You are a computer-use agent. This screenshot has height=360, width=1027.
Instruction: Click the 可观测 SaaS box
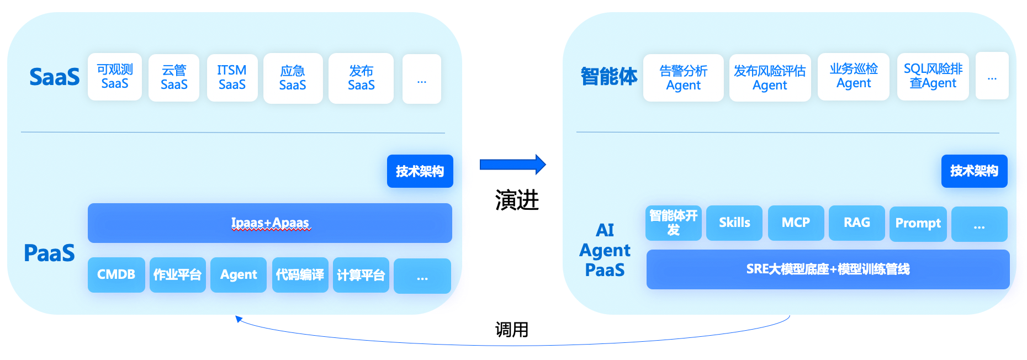[115, 77]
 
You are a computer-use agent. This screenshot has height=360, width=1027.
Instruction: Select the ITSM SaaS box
[232, 78]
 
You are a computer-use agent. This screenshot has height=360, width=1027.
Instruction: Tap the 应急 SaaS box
[293, 78]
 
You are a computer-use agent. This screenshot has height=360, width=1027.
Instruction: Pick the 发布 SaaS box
[361, 78]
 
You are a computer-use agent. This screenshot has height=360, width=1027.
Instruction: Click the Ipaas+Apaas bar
[269, 223]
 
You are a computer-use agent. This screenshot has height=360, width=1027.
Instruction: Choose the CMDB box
[116, 275]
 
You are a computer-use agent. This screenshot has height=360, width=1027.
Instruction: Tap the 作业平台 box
[177, 275]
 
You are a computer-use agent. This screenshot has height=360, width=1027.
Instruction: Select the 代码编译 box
[300, 275]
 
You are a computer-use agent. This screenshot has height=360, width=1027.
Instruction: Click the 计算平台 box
[361, 275]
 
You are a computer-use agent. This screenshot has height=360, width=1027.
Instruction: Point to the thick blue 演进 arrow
[512, 165]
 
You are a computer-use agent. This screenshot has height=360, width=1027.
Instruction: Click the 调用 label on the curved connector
[511, 330]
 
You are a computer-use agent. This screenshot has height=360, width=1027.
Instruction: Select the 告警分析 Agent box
[683, 78]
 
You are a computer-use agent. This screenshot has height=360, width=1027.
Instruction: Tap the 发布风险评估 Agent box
[770, 78]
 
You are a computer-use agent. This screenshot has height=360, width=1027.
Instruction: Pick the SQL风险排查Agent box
[933, 76]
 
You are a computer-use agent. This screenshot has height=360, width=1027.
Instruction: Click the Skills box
[734, 223]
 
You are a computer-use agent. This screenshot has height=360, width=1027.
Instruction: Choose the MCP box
[796, 223]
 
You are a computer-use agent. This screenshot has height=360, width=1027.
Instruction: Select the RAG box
[856, 223]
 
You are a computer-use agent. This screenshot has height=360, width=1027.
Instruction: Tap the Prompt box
[918, 224]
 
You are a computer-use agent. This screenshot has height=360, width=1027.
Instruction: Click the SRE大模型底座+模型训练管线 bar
[828, 269]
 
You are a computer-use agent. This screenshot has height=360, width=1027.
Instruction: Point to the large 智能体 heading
[608, 77]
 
